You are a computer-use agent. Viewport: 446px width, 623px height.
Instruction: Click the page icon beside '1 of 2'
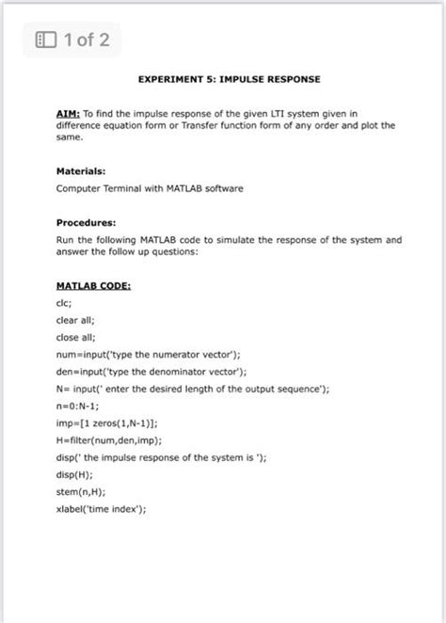[x=44, y=40]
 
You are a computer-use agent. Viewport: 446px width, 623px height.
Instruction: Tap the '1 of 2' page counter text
[x=86, y=40]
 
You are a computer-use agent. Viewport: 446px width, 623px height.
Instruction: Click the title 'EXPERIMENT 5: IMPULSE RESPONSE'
[x=230, y=79]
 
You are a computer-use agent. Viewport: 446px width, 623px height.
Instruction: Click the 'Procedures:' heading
[x=87, y=223]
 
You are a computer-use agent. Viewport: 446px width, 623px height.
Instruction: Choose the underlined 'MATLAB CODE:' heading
[x=93, y=284]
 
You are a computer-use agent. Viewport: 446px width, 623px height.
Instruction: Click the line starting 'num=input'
[x=149, y=354]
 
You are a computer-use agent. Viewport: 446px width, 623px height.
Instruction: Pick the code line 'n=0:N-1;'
[x=78, y=406]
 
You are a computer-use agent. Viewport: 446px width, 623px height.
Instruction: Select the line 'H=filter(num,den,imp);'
[x=109, y=439]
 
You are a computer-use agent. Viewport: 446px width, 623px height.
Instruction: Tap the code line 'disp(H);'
[x=74, y=474]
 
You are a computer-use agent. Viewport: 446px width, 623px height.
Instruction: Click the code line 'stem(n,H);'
[x=80, y=491]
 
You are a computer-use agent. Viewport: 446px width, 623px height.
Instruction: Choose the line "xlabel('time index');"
[x=102, y=509]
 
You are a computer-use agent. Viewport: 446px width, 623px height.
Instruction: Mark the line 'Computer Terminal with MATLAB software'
[x=150, y=188]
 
